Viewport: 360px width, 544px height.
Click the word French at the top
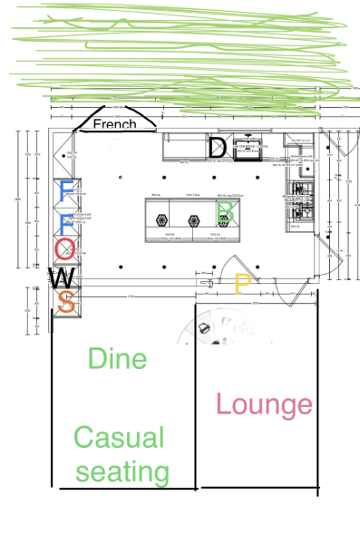coord(114,124)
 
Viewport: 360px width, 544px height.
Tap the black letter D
coord(218,148)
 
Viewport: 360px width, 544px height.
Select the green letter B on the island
coord(227,212)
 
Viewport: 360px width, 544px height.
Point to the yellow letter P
coord(241,285)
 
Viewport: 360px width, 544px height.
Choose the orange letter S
coord(65,302)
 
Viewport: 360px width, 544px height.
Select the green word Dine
coord(117,359)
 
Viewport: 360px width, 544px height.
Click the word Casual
coord(119,439)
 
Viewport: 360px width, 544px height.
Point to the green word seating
coord(123,472)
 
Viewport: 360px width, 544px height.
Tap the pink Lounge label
coord(264,405)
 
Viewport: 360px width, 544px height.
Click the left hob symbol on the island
coord(162,219)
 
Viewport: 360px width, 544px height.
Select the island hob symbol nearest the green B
coord(194,219)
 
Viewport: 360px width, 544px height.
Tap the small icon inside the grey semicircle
coord(205,327)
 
